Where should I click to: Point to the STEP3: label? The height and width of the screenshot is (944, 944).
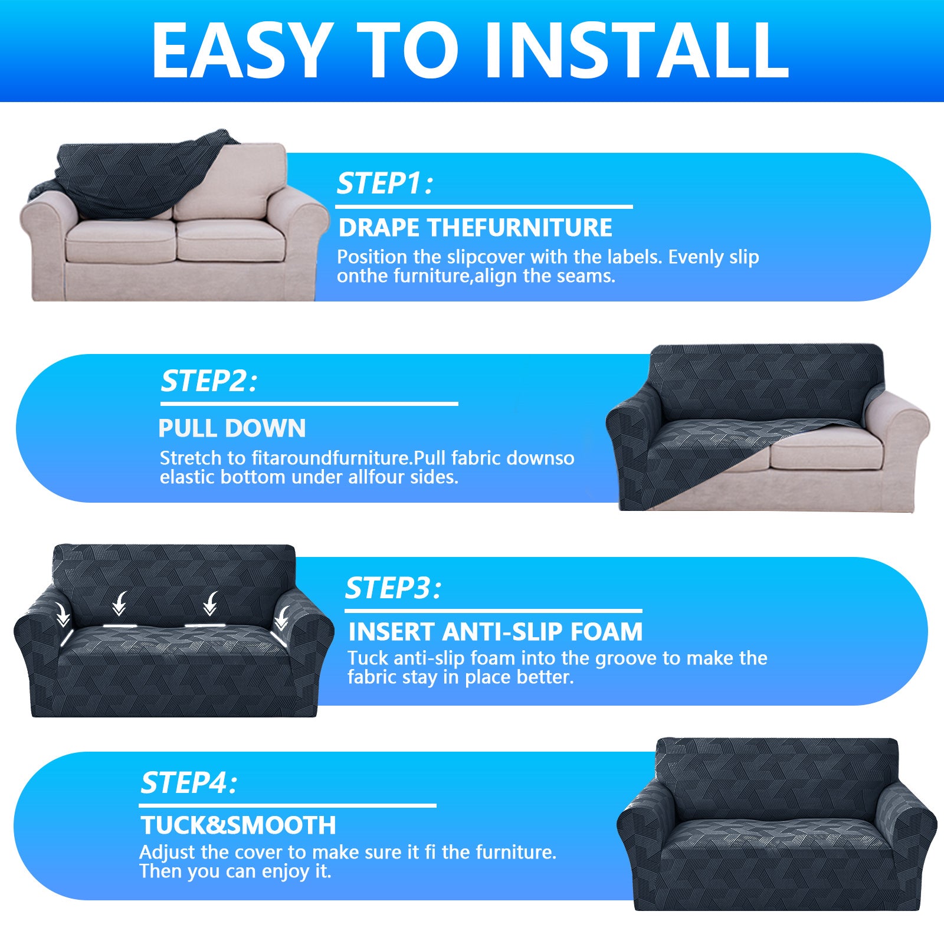click(x=393, y=588)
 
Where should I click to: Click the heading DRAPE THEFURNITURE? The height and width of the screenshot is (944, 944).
click(x=476, y=228)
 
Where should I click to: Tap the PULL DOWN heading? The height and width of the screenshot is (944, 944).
click(x=232, y=428)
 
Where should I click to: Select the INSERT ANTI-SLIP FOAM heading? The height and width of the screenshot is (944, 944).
click(x=495, y=632)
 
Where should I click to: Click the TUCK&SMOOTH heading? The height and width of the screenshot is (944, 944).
click(x=238, y=825)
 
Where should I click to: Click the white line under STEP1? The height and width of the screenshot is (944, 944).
click(x=484, y=207)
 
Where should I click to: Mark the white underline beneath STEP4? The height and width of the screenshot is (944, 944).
click(x=287, y=805)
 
